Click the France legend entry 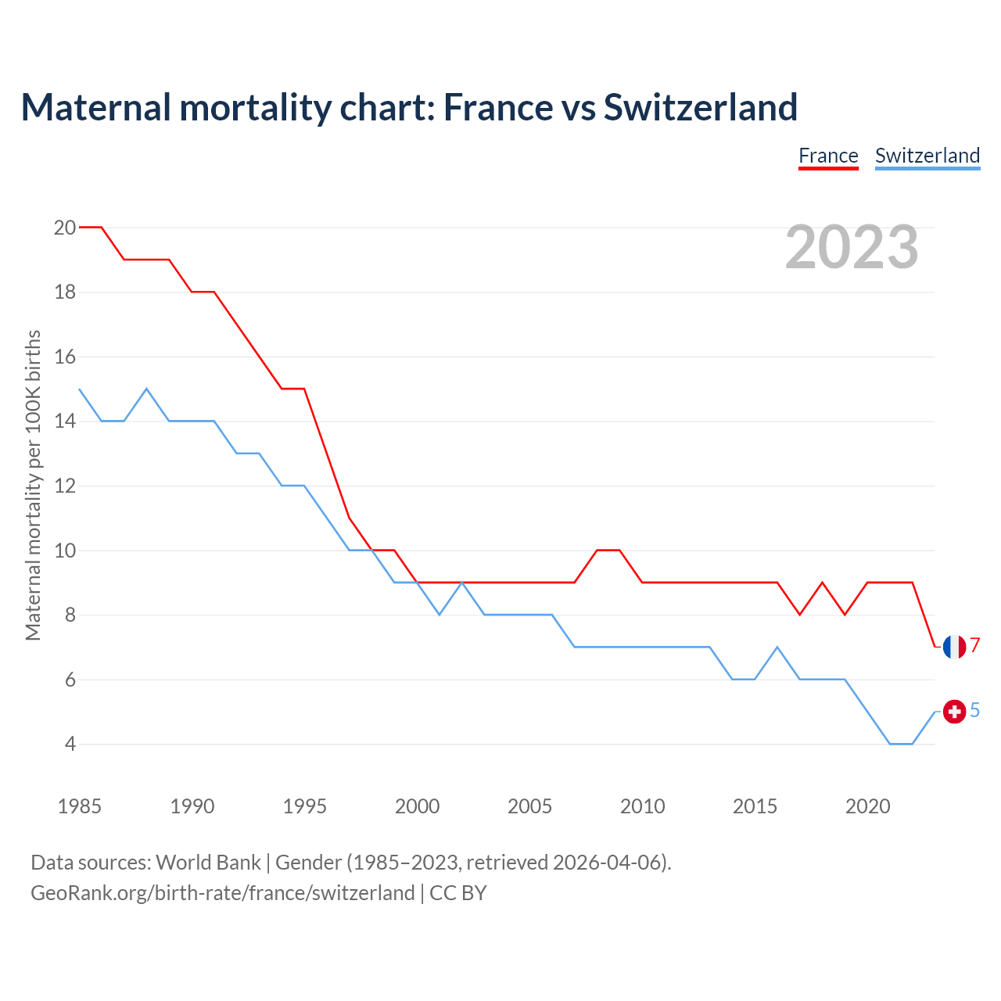point(828,156)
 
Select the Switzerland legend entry point(927,156)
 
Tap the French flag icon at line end point(954,647)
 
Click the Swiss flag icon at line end point(954,712)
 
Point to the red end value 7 point(975,646)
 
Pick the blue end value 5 point(975,711)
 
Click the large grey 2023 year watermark point(852,248)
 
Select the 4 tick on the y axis point(70,744)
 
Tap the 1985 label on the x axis point(80,806)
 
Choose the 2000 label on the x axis point(418,806)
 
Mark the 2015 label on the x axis point(755,806)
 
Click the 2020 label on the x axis point(868,806)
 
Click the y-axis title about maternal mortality point(33,485)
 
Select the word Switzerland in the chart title point(700,108)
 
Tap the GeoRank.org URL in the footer point(222,893)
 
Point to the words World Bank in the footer point(208,863)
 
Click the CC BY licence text point(458,893)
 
